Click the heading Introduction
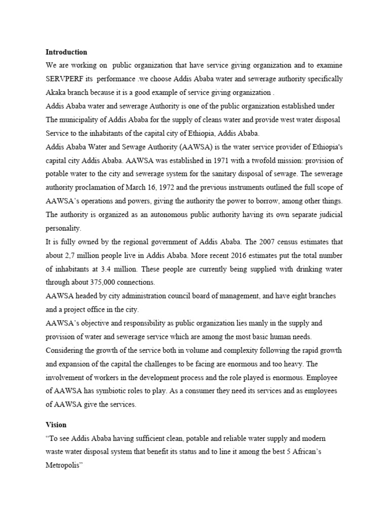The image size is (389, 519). [x=66, y=52]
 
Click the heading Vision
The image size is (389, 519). [x=56, y=425]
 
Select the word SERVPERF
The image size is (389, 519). [x=65, y=79]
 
